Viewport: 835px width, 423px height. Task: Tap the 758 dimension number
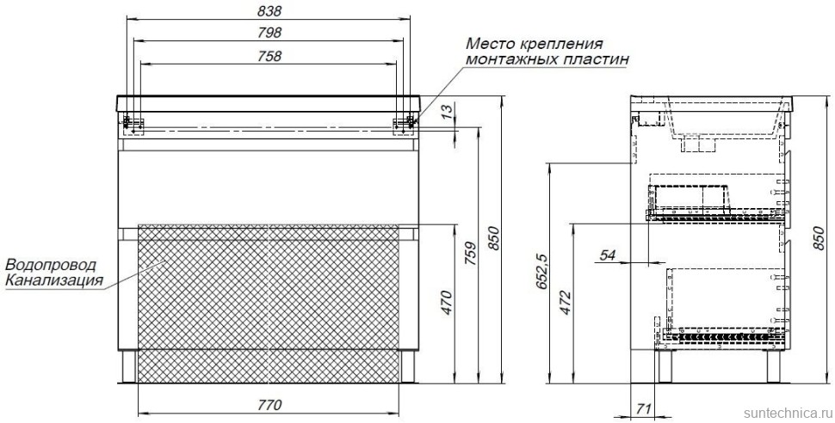(x=269, y=55)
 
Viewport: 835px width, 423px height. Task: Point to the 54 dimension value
(x=608, y=254)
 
